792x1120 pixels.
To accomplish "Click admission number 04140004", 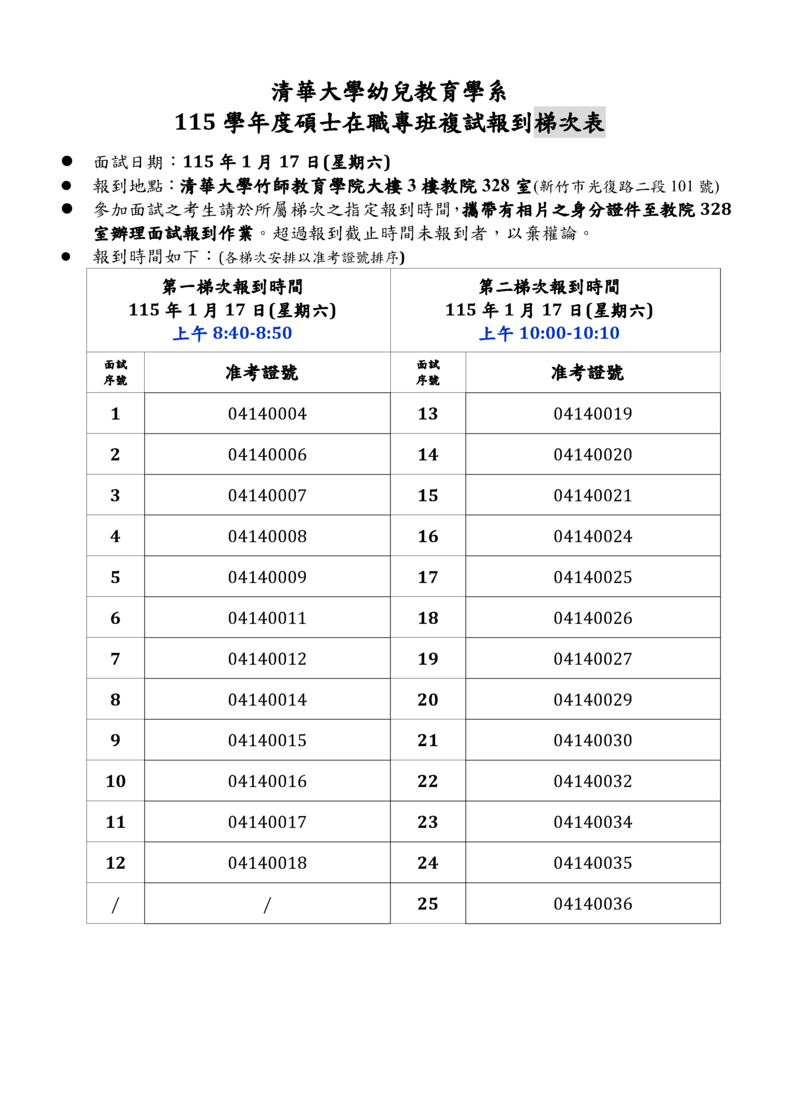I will coord(267,414).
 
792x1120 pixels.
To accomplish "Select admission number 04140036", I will coord(592,904).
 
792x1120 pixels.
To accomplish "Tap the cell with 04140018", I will coord(267,862).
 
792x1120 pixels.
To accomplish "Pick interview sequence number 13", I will coord(428,414).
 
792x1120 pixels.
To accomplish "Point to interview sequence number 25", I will coord(428,904).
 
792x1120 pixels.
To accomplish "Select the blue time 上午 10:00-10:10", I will coord(549,333).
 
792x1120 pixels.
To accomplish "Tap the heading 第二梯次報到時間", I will coord(549,287).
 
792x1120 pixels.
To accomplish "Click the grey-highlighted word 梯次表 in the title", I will coord(569,122).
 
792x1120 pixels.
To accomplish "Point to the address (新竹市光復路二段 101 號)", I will coord(626,186).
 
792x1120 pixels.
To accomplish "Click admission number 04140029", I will coord(592,700).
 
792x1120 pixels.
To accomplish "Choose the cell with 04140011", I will coord(267,618).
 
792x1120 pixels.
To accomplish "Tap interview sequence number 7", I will coord(115,659).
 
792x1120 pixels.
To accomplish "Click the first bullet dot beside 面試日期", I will coord(67,161).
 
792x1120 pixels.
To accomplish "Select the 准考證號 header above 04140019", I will coord(587,373).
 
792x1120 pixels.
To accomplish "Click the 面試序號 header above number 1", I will coord(115,372).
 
